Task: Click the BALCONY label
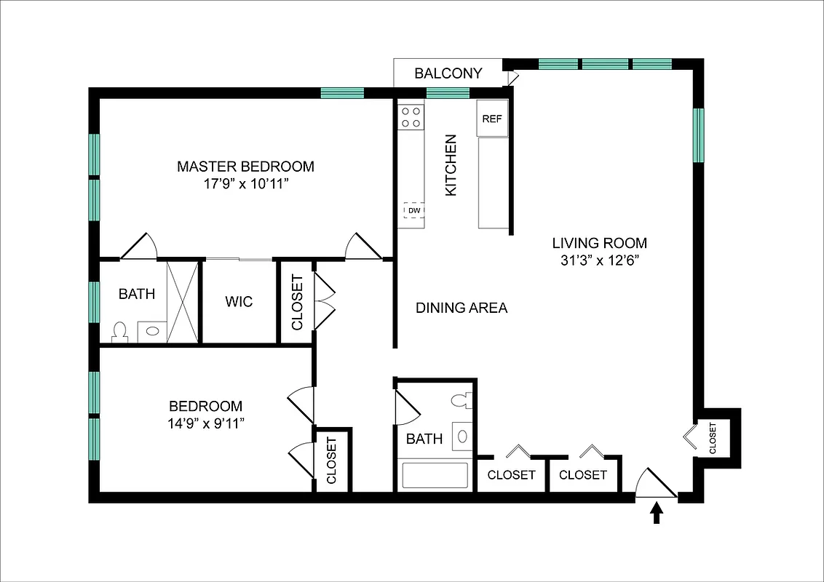448,73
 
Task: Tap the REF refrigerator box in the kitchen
492,119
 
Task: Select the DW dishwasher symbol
413,211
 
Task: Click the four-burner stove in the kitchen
411,117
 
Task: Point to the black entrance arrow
657,514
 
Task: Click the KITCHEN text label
451,164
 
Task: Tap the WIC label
239,301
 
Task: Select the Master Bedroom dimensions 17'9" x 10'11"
245,185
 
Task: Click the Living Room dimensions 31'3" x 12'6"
598,262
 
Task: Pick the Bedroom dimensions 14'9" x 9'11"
205,424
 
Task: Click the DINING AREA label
461,308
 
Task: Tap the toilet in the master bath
121,332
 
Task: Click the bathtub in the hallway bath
435,476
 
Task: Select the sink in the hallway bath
462,436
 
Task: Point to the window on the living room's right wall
698,135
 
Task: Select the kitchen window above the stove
447,92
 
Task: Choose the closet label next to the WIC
297,302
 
